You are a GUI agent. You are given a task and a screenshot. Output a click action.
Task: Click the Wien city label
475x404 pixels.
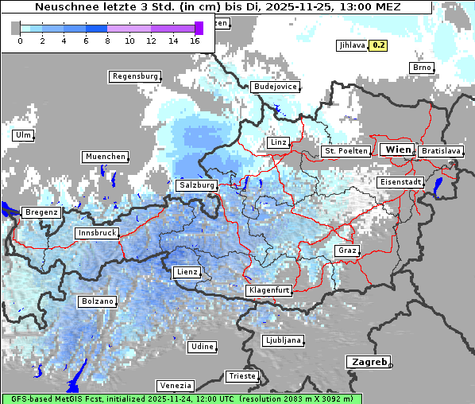pos(397,150)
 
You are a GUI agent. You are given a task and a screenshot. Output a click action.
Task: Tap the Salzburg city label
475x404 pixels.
pos(196,185)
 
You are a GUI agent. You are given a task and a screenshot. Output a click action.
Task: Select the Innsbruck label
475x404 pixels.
pos(96,233)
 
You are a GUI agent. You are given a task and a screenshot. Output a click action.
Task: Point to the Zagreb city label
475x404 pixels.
pos(368,361)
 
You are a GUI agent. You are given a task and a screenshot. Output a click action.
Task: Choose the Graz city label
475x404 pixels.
pos(347,251)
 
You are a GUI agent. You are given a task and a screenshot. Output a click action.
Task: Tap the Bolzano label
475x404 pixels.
pos(97,301)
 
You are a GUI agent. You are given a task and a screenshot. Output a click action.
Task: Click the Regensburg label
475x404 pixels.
pos(134,76)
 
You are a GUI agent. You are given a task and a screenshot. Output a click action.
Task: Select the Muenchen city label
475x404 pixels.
pos(105,157)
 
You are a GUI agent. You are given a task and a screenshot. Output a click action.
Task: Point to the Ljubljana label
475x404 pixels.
pos(282,340)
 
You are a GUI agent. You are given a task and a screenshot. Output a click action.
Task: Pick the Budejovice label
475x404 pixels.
pos(274,86)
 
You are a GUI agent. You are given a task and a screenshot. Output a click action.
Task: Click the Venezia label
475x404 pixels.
pos(174,385)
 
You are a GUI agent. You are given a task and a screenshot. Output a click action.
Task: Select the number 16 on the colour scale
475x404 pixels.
pos(195,40)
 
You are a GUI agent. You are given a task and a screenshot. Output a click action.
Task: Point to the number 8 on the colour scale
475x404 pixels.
pos(106,40)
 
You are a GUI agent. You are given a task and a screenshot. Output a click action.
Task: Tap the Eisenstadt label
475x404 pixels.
pos(400,182)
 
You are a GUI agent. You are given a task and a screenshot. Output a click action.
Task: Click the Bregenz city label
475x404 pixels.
pos(41,212)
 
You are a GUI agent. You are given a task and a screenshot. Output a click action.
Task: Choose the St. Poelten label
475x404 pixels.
pos(346,150)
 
